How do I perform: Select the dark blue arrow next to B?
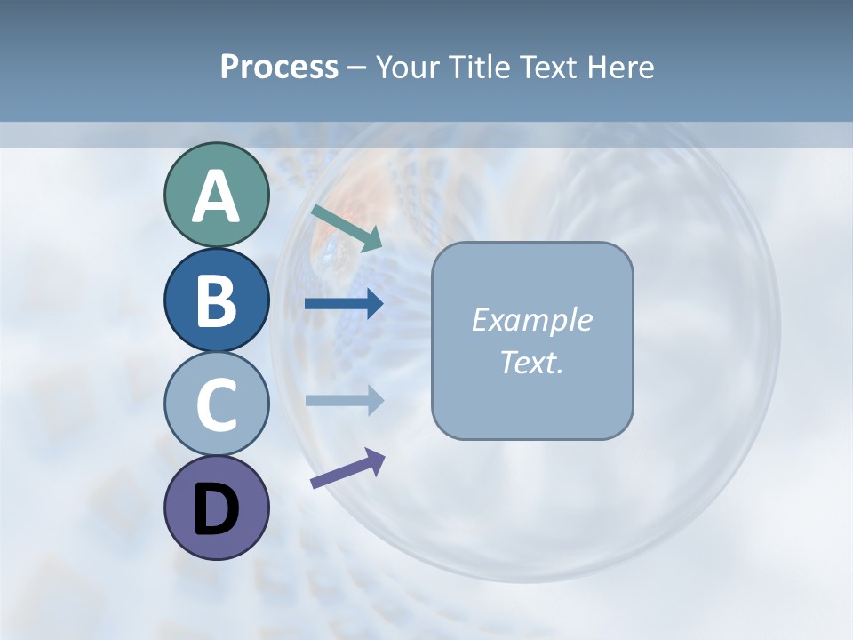(344, 304)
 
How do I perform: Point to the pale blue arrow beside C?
(344, 400)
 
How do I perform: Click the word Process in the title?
(279, 68)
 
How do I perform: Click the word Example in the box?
(531, 320)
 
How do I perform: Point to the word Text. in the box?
(531, 362)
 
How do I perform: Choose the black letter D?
(216, 509)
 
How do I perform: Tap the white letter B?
(216, 300)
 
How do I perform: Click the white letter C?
(216, 404)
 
